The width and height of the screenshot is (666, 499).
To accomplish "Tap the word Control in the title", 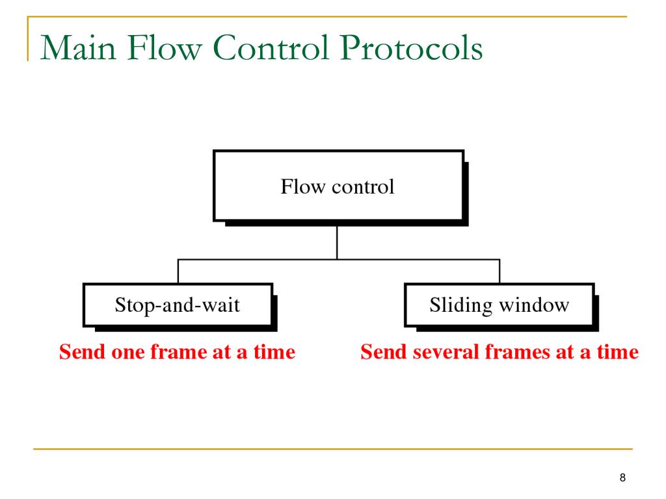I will [x=274, y=50].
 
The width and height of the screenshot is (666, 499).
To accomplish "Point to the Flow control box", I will [x=338, y=187].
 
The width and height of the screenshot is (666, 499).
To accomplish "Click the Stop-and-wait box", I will [x=177, y=305].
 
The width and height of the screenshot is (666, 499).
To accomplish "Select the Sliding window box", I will [x=499, y=305].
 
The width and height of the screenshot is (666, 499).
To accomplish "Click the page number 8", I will [x=622, y=478].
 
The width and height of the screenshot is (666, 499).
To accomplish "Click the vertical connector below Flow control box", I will [x=337, y=243].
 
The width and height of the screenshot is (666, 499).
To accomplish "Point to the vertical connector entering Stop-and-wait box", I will [x=178, y=271].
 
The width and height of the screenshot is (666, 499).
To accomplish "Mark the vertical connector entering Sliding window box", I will [x=499, y=271].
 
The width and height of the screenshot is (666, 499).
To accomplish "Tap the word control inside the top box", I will [x=362, y=187].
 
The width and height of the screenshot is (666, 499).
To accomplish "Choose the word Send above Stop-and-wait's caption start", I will [x=77, y=352].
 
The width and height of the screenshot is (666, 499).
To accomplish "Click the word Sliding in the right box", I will [x=460, y=305].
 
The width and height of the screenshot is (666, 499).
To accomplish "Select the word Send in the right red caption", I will [x=379, y=352].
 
